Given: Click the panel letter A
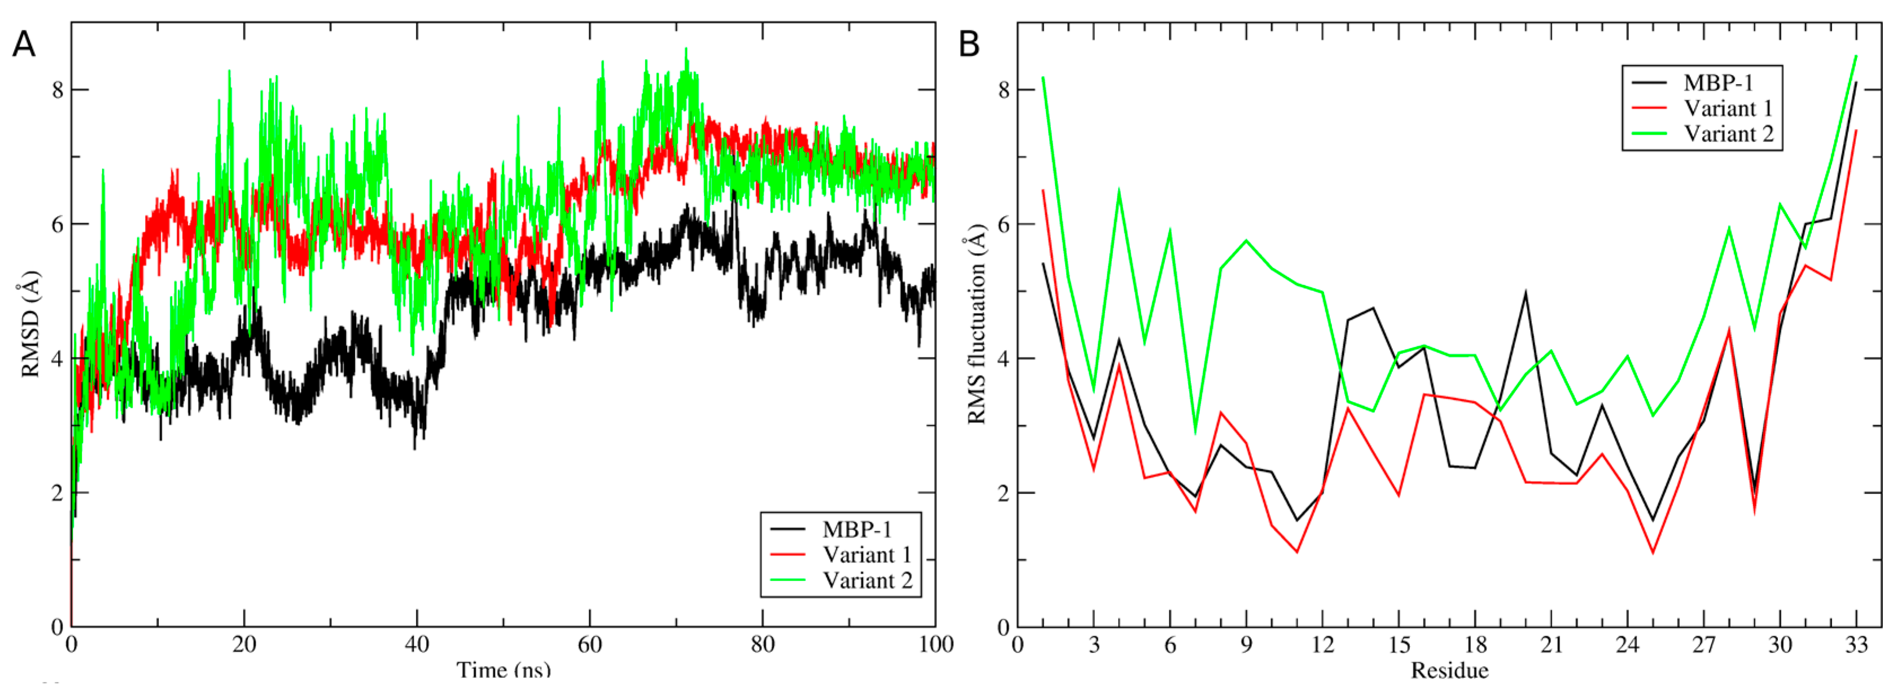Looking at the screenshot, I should tap(24, 45).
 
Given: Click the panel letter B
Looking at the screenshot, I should tap(969, 45).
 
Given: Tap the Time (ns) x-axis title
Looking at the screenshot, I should tap(503, 670).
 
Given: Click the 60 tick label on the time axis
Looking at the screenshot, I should tap(590, 646).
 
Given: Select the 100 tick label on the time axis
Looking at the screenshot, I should tap(935, 646).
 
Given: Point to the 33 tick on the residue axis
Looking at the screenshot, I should tap(1856, 646).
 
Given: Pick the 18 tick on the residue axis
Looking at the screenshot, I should tap(1475, 646).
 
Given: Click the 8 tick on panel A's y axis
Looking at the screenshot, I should tap(56, 90).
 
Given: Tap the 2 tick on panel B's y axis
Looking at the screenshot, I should tap(1003, 492).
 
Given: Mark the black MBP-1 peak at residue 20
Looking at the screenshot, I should tap(1525, 293).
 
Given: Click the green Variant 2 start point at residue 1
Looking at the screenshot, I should tap(1043, 77).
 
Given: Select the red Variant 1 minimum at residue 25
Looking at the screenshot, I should tap(1653, 553).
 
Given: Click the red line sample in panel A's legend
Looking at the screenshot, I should tap(787, 555).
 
